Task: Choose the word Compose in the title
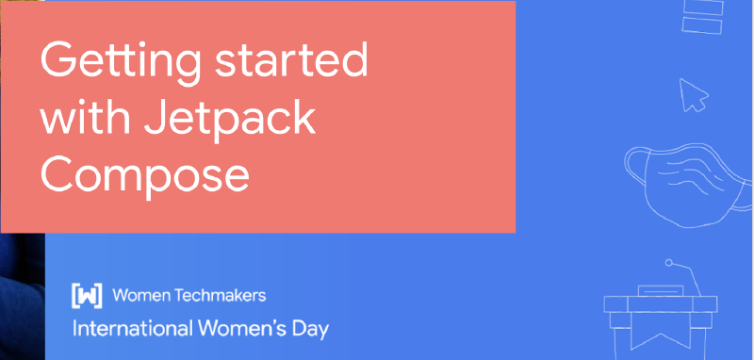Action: point(144,174)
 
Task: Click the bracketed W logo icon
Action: point(87,296)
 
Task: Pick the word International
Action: point(131,330)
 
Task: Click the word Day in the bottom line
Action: point(309,330)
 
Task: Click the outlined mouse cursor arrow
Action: point(693,95)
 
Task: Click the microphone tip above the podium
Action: point(668,262)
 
